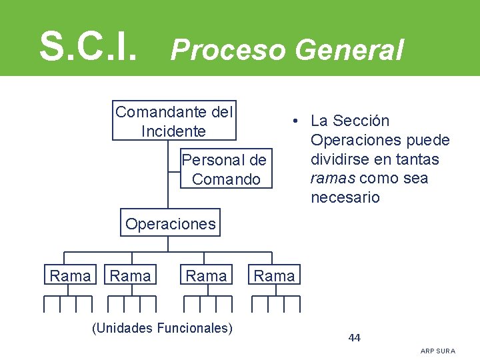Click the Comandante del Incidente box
tap(174, 121)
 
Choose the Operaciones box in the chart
tap(171, 224)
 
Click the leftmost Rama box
tap(70, 275)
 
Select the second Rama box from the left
tap(131, 275)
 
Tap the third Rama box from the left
tap(206, 275)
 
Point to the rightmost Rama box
tap(274, 275)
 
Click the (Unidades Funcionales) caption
tap(163, 327)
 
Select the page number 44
tap(354, 337)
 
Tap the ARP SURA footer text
tap(438, 351)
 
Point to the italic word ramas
tap(331, 179)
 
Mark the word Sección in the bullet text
tap(361, 121)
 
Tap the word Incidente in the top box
tap(173, 131)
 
